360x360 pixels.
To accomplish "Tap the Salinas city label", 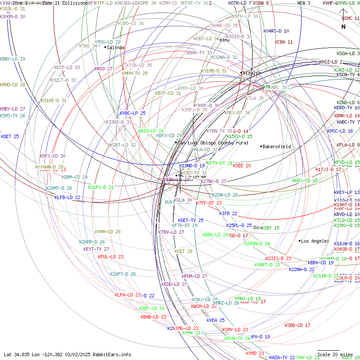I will (116, 47).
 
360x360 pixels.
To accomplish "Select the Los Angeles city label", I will (315, 241).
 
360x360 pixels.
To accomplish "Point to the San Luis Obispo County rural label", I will (213, 143).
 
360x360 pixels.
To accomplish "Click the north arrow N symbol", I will (343, 26).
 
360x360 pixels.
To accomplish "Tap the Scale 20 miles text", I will (335, 354).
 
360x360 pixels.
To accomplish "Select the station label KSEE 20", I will (242, 166).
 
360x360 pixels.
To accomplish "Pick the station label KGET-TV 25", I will (191, 220).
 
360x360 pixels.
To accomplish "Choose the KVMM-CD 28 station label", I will (108, 232).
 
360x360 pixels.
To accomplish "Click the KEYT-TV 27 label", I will (96, 249).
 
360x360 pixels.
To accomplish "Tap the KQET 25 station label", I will (10, 136).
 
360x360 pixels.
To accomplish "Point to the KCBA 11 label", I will (284, 42).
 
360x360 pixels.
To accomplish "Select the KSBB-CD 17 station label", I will (297, 325).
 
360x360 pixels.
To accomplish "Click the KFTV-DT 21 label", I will (220, 163).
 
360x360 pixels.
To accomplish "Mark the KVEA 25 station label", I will (216, 320).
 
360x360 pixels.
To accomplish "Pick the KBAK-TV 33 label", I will (199, 53).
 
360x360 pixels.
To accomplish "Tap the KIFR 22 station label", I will (228, 213).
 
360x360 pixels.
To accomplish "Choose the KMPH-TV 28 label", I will (135, 73).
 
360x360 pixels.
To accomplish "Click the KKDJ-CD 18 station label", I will (305, 180).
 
